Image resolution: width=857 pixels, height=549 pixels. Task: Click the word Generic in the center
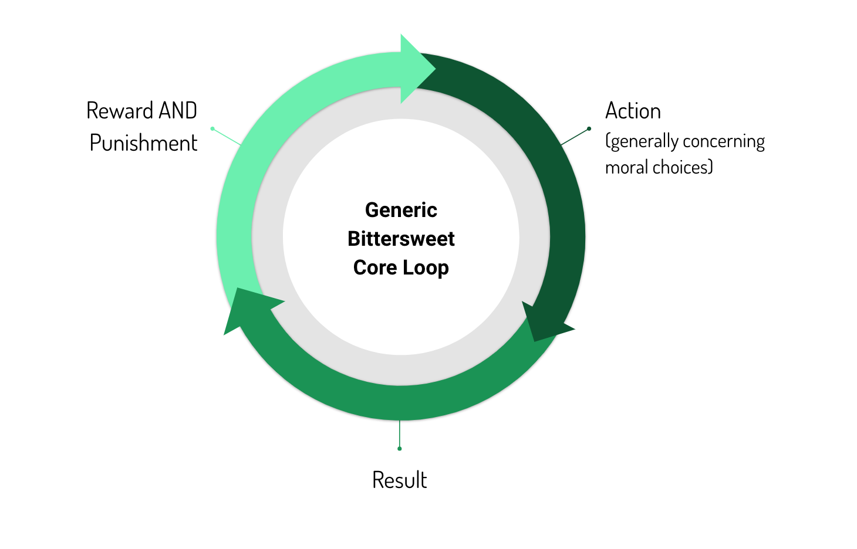(x=401, y=210)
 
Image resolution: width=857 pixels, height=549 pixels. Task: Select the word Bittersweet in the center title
(x=401, y=239)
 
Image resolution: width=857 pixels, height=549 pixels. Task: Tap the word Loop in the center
(x=426, y=267)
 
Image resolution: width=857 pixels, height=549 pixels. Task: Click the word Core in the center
(x=375, y=267)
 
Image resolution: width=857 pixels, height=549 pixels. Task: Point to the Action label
(x=633, y=111)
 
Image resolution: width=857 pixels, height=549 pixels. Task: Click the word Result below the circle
(x=399, y=480)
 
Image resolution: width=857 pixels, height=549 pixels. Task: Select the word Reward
(x=120, y=111)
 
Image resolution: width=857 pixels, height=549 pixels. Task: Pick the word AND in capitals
(x=178, y=111)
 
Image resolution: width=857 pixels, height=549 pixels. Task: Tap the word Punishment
(x=143, y=143)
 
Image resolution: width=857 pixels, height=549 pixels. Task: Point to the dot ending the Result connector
(x=400, y=449)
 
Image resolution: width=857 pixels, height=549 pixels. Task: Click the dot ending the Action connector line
(x=589, y=128)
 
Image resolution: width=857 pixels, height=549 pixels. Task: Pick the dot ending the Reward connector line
(x=212, y=128)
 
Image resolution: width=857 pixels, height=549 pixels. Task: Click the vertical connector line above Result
(x=400, y=434)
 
